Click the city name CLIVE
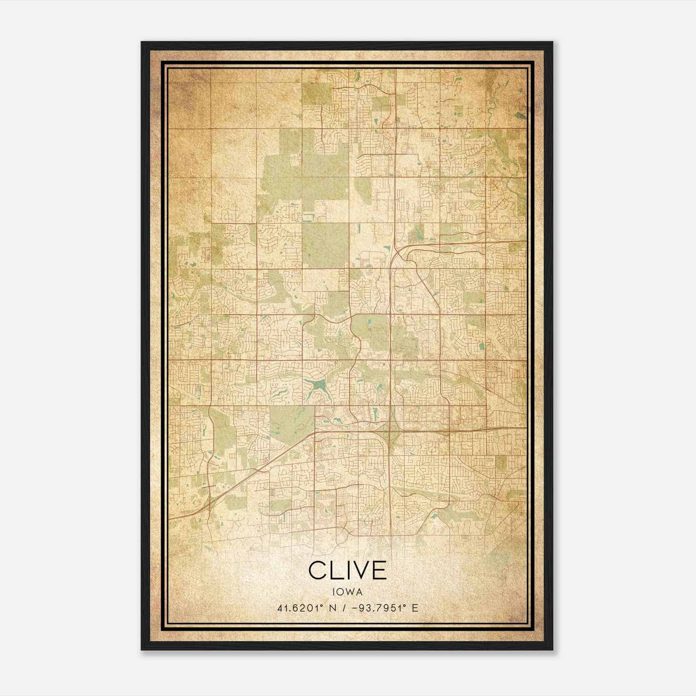[x=348, y=571]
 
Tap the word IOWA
[x=348, y=592]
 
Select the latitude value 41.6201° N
[x=304, y=608]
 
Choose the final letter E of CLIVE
[x=379, y=571]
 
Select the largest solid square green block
[x=325, y=245]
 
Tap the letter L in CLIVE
[x=336, y=571]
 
